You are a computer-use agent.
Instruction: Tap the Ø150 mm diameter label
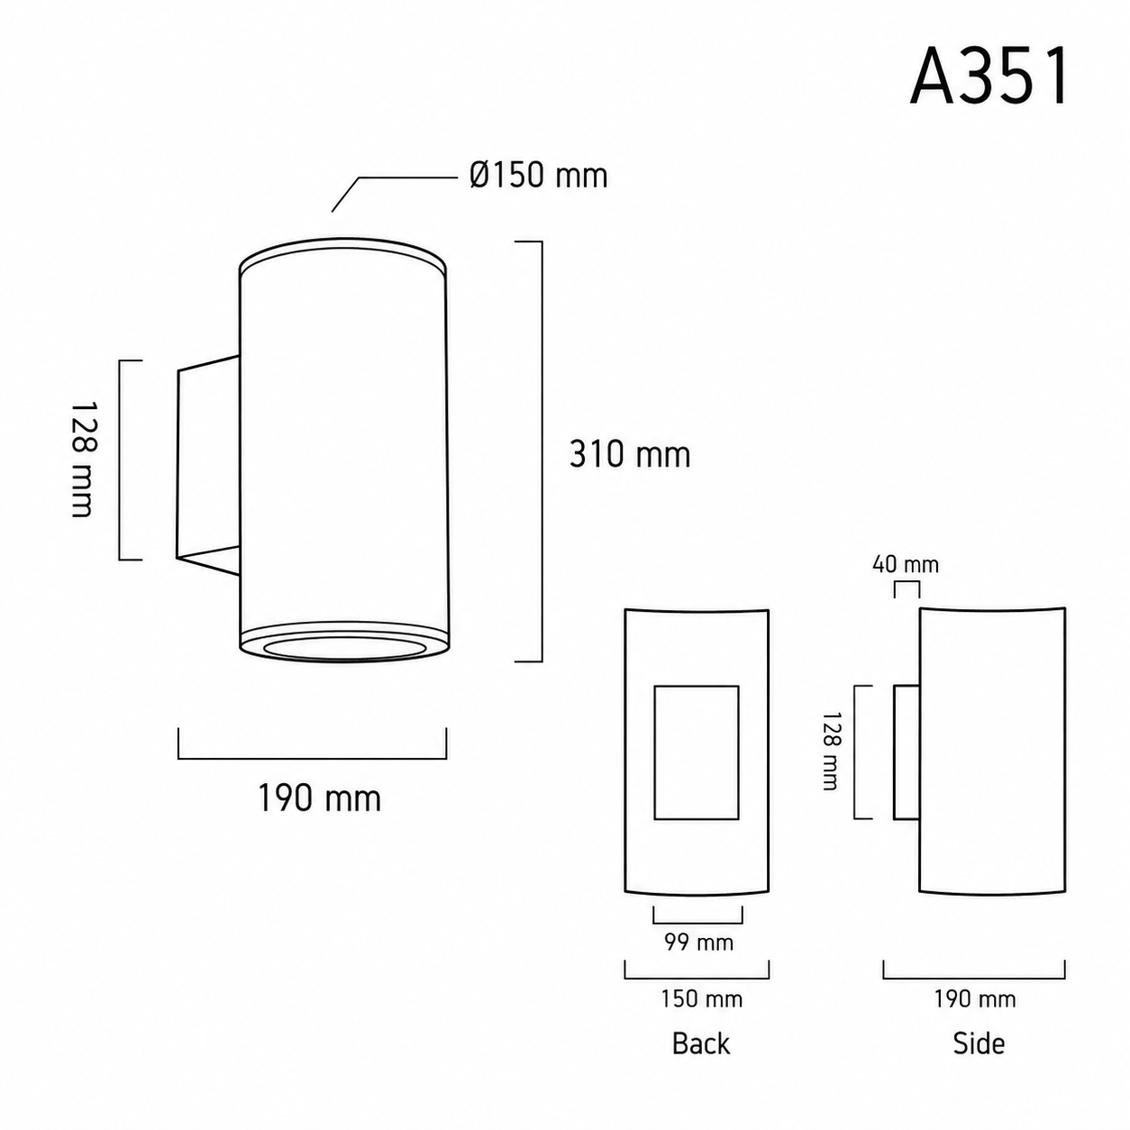click(538, 176)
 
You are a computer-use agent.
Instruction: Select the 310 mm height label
click(630, 454)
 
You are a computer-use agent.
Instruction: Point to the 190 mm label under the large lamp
click(320, 797)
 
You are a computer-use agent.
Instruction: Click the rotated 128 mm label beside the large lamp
click(83, 460)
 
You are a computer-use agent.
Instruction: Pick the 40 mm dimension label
click(906, 565)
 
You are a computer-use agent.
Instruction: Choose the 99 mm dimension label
click(698, 943)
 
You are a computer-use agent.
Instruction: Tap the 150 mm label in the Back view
click(701, 998)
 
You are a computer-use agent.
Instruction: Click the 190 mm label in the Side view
click(975, 998)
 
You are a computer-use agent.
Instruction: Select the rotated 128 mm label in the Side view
click(831, 752)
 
